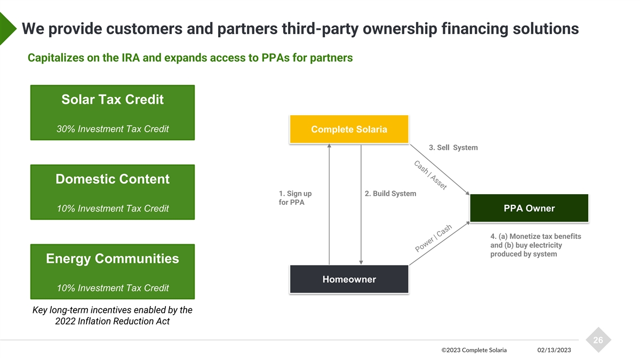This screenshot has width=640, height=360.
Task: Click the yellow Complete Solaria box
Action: (349, 130)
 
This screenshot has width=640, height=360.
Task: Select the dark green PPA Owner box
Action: (529, 208)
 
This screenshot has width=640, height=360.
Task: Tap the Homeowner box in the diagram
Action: (349, 279)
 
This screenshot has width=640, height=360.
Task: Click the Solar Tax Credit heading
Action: (113, 100)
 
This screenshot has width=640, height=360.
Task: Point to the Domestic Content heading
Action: (113, 179)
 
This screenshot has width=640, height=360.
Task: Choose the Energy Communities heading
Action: (113, 259)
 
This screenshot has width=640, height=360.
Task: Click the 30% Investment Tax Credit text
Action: (113, 129)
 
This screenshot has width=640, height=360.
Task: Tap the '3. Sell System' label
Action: (453, 147)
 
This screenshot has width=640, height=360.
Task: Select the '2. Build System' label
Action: (390, 194)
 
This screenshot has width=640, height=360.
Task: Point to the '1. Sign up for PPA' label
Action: (295, 198)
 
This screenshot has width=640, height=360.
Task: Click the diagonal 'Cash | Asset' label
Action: (430, 174)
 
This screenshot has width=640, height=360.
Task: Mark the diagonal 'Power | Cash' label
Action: (434, 238)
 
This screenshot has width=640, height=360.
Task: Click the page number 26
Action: (598, 340)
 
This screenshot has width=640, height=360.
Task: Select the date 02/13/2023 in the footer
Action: (554, 350)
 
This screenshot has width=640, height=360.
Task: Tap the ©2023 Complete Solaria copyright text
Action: (474, 350)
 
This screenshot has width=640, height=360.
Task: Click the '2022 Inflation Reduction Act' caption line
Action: (113, 321)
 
